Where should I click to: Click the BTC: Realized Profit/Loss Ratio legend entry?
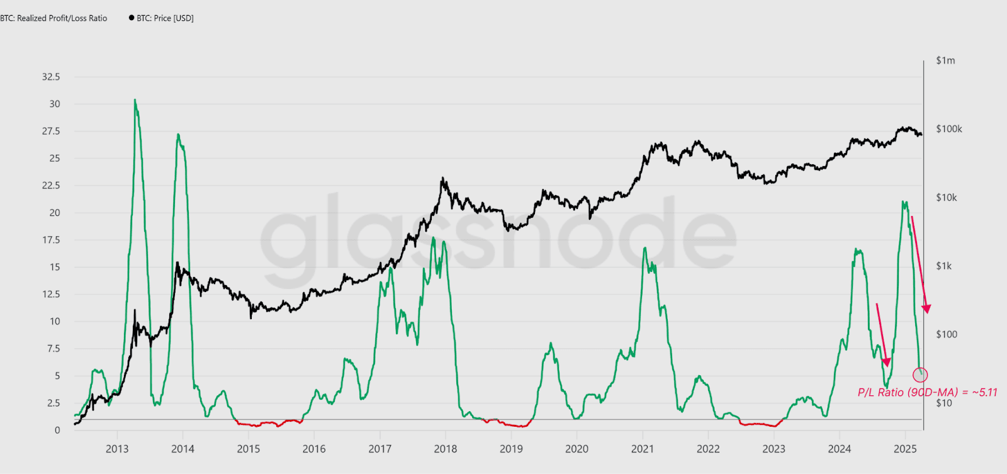[x=54, y=18]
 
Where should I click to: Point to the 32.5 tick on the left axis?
[x=51, y=77]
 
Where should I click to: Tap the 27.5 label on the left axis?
[x=51, y=131]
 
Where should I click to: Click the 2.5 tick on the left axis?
[x=53, y=403]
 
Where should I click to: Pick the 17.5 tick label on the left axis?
[x=51, y=240]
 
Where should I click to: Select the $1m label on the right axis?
[x=945, y=60]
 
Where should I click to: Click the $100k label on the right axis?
[x=949, y=129]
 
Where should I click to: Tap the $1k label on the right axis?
[x=943, y=266]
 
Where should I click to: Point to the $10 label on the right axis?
[x=943, y=403]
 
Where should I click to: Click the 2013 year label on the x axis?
[x=117, y=449]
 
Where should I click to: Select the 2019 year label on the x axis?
[x=511, y=449]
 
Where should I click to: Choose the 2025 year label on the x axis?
[x=905, y=449]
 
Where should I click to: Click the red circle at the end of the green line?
[x=920, y=375]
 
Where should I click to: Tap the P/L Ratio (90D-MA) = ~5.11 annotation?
[x=927, y=392]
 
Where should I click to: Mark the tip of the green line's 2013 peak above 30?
[x=135, y=99]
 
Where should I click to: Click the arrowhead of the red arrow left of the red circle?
[x=887, y=363]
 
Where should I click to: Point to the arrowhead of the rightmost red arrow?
[x=926, y=308]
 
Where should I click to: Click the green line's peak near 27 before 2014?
[x=179, y=134]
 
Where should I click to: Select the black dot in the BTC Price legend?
[x=132, y=18]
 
